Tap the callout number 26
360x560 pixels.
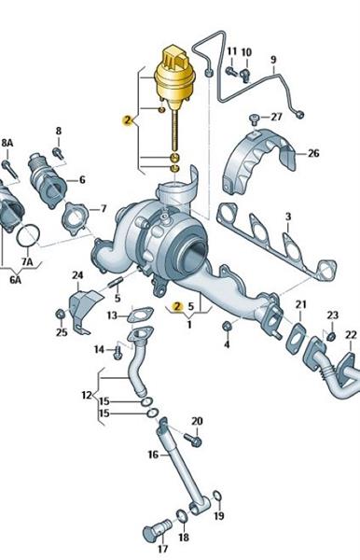313,153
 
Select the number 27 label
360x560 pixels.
276,117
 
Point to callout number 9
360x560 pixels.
273,60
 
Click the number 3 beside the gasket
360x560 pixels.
288,217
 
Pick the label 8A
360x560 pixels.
7,143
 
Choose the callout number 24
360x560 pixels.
77,275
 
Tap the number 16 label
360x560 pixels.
153,455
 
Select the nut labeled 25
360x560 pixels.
60,315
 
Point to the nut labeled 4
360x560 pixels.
227,326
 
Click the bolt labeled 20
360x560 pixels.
193,440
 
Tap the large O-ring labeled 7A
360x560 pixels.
27,235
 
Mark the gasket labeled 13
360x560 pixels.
140,315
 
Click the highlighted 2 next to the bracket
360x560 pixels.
128,120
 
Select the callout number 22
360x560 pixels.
351,335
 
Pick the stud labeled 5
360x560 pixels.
115,285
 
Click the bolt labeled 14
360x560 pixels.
118,353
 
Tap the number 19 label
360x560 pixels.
219,516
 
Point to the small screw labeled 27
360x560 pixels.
254,119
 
